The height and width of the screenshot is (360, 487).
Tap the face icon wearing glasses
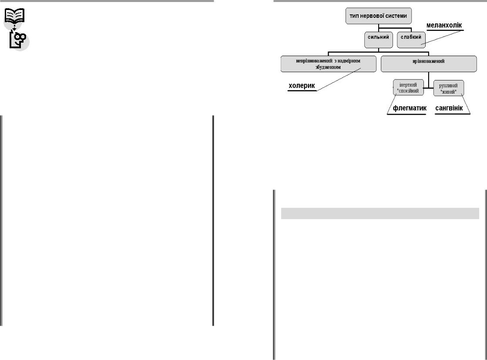[x=19, y=40]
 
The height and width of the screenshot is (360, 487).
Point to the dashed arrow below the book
[x=14, y=28]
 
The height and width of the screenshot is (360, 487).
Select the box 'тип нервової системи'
[x=378, y=17]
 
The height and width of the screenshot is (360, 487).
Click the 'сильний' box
[x=378, y=40]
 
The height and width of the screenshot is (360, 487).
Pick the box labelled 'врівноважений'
[x=428, y=62]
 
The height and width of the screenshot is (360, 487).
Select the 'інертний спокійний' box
[x=408, y=88]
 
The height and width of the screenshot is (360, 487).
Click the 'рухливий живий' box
[x=448, y=88]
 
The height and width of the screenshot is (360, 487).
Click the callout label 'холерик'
[x=302, y=86]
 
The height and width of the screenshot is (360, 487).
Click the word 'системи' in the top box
[x=395, y=17]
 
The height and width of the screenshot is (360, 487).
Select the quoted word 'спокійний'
[x=408, y=91]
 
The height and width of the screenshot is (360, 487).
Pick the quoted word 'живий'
[x=448, y=91]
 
